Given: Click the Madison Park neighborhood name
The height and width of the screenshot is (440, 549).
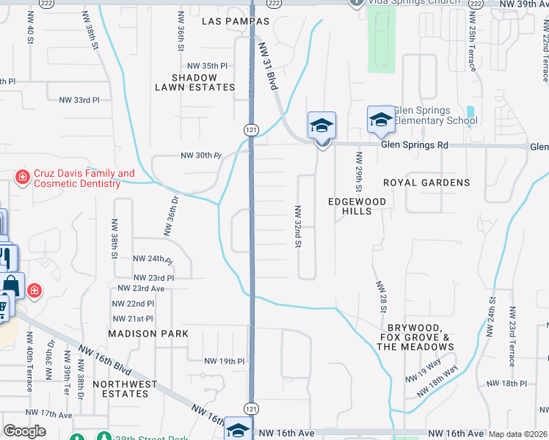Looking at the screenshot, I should pyautogui.click(x=148, y=333).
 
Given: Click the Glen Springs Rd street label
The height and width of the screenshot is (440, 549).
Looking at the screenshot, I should pyautogui.click(x=414, y=145).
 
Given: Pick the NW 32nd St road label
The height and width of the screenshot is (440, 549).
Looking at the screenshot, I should pyautogui.click(x=299, y=226).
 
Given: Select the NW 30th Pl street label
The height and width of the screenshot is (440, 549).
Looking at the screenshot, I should pyautogui.click(x=201, y=155).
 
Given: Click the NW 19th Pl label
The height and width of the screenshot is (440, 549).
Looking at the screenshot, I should pyautogui.click(x=224, y=362).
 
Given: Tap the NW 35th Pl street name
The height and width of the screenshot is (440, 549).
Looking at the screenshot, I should pyautogui.click(x=208, y=65).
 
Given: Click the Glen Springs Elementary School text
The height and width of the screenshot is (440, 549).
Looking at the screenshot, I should pyautogui.click(x=435, y=115).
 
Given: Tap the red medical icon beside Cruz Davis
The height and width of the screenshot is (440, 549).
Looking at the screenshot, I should pyautogui.click(x=23, y=177).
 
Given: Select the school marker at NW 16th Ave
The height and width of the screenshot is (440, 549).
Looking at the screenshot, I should pyautogui.click(x=238, y=429).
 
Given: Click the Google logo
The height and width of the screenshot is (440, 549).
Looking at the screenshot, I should pyautogui.click(x=24, y=431).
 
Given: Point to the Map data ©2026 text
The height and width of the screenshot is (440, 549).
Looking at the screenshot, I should pyautogui.click(x=518, y=434).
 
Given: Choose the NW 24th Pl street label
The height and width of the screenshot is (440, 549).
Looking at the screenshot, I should pyautogui.click(x=153, y=259).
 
